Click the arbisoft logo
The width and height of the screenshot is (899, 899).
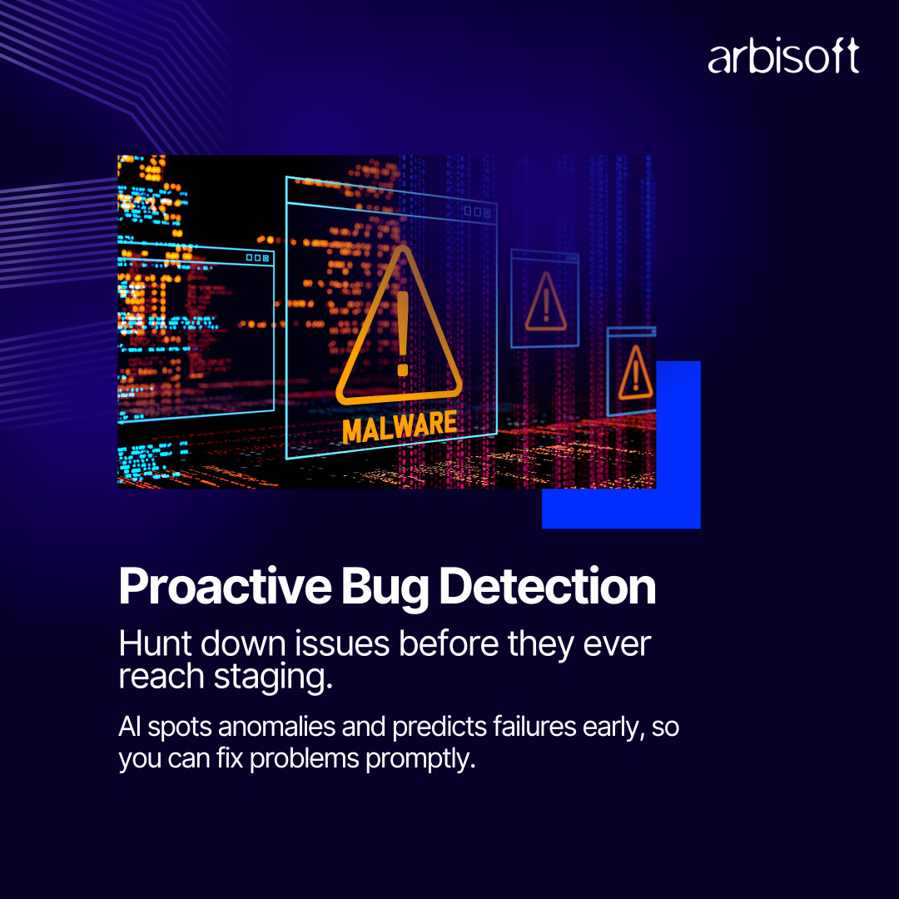(783, 56)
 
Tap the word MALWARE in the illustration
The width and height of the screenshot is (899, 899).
(400, 426)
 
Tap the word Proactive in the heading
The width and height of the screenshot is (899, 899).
(225, 587)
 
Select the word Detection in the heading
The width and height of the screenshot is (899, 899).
(548, 586)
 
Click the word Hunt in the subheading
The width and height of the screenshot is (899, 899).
(155, 643)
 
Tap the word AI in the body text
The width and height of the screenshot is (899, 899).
(130, 727)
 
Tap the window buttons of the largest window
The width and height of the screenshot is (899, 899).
(477, 211)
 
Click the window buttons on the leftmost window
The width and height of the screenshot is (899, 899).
(257, 257)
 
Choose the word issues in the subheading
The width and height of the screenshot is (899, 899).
(342, 643)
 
